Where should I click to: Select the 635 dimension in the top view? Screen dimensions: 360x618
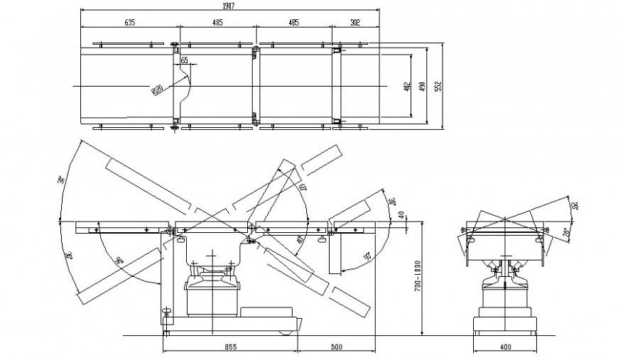[129, 22]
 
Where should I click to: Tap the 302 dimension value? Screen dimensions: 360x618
[355, 22]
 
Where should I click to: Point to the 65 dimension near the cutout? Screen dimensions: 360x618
[185, 62]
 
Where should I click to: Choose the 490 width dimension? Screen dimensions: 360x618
[422, 86]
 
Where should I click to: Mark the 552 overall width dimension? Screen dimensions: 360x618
[438, 86]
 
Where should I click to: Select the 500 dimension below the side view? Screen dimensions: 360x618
[337, 347]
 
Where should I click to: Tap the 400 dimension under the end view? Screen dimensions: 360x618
[506, 347]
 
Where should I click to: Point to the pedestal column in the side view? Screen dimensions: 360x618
[211, 298]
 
